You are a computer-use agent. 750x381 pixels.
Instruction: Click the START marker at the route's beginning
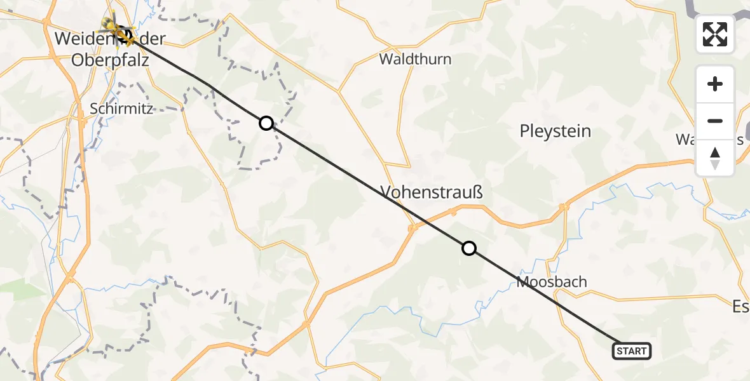click(632, 351)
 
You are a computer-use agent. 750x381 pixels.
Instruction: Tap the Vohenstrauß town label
click(432, 192)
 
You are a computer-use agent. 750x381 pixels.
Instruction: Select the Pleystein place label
click(555, 131)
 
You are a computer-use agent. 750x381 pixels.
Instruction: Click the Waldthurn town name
click(415, 59)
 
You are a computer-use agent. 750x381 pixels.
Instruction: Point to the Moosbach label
click(552, 281)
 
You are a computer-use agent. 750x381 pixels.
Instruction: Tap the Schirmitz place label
click(121, 108)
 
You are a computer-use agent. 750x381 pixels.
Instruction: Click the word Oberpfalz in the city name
click(102, 61)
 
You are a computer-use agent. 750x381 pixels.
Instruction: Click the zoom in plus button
click(715, 84)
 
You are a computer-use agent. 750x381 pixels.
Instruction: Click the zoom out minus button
click(715, 121)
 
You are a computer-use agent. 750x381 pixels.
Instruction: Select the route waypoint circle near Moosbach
click(469, 248)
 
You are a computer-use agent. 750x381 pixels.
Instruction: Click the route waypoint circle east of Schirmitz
click(266, 123)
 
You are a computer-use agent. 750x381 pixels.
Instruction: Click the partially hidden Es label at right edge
click(740, 307)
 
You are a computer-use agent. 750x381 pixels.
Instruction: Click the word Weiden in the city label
click(78, 38)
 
